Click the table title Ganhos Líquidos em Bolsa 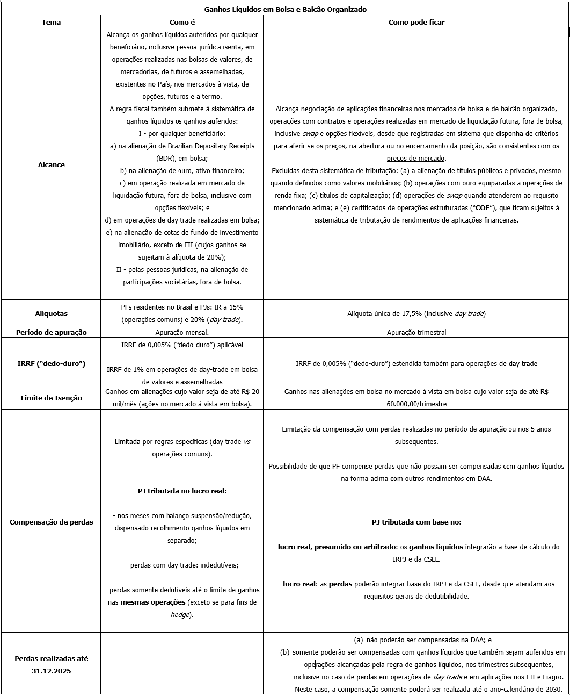(x=285, y=10)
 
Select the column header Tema (x=51, y=22)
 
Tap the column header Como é (x=182, y=22)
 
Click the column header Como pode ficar (x=416, y=22)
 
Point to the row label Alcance (x=51, y=164)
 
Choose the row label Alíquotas (x=51, y=313)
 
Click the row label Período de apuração (x=51, y=332)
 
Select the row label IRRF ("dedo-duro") (x=51, y=363)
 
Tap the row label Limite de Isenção (x=51, y=398)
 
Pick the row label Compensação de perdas (x=51, y=522)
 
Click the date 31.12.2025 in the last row (x=51, y=671)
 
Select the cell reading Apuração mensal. (x=182, y=332)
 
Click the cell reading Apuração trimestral (x=416, y=332)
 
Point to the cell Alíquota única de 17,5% (x=416, y=313)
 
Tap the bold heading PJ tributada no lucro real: (x=182, y=491)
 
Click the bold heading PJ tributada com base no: (x=416, y=522)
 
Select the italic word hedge (x=179, y=614)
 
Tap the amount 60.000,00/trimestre (x=416, y=403)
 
